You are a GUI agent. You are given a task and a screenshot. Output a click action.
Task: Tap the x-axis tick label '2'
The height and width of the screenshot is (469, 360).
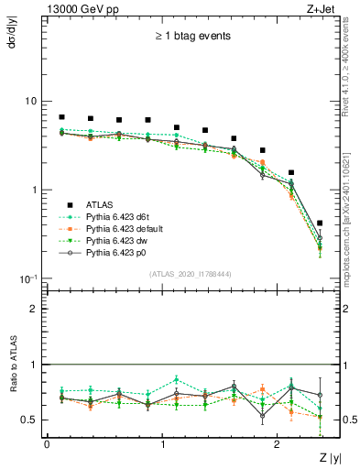(278, 443)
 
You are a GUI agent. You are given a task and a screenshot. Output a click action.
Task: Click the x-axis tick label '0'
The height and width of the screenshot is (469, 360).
(47, 443)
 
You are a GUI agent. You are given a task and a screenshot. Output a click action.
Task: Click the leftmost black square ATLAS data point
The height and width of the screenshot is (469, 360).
(61, 117)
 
